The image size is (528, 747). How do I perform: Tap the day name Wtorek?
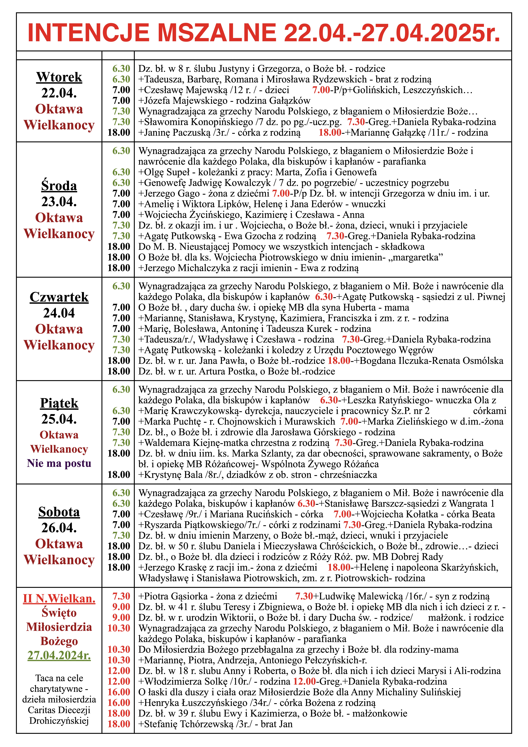coord(59,77)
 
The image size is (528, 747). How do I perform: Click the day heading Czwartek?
coord(59,297)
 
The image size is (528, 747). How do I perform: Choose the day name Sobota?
coord(59,512)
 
